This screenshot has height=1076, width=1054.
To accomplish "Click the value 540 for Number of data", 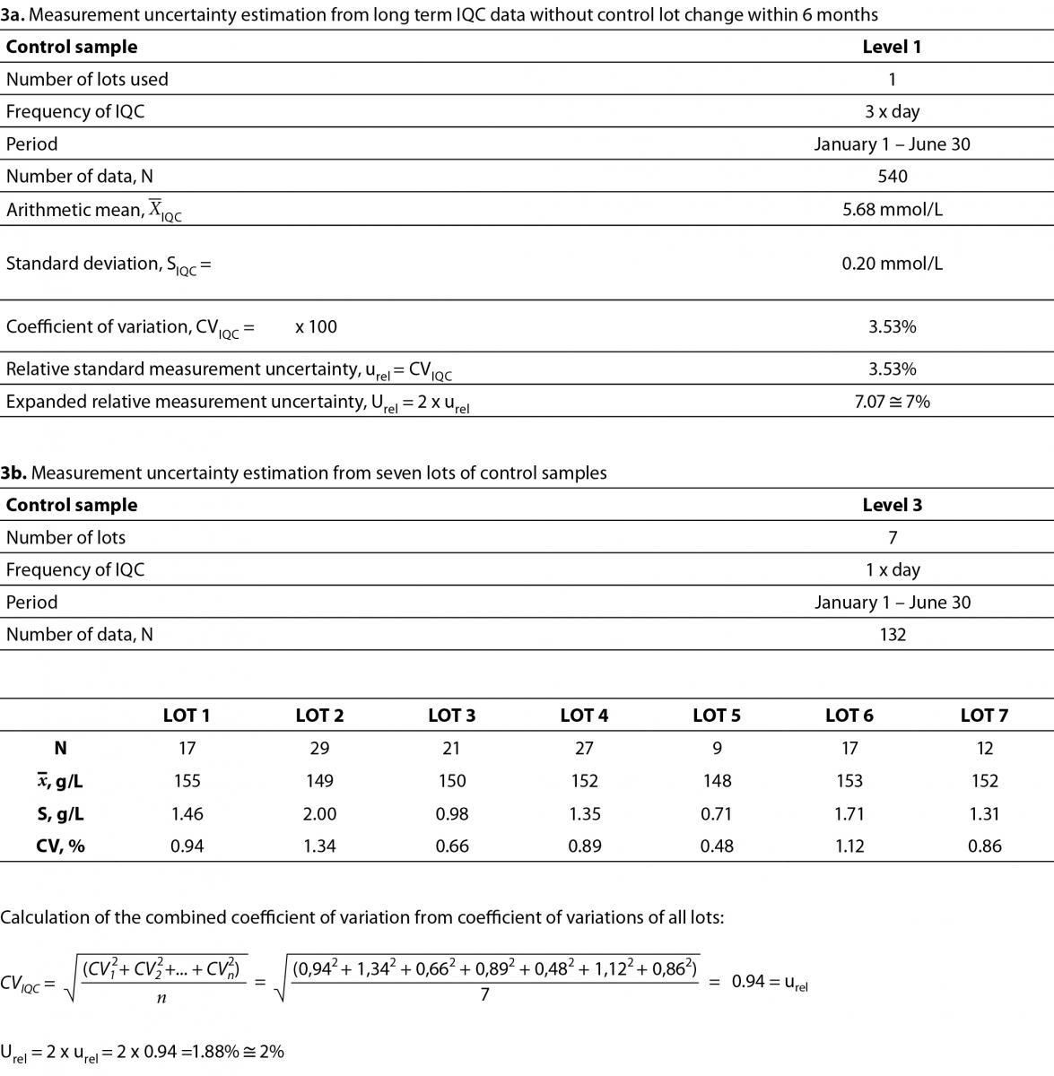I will point(892,177).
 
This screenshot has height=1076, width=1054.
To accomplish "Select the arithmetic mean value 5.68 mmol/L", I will point(892,210).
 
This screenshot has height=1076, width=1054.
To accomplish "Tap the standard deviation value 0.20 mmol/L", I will point(892,264).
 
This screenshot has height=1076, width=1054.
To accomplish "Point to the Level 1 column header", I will point(892,48).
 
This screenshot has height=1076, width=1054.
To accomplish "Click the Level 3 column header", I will point(892,506).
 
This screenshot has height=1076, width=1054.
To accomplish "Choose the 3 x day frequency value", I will point(892,112).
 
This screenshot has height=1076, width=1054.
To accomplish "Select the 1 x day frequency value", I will point(892,570).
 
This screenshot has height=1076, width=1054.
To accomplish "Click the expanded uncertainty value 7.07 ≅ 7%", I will point(892,402).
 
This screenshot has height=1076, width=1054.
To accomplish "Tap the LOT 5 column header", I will point(716,716).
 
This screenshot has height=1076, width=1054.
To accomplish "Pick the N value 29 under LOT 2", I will point(319,749).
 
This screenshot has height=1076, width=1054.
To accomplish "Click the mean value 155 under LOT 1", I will point(187,781).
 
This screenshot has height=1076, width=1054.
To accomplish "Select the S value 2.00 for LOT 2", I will point(319,814).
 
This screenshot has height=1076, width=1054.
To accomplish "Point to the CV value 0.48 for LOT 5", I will point(716,846).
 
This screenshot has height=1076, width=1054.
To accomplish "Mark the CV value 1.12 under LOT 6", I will point(849,846).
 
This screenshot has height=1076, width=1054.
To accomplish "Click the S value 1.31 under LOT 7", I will point(984,814).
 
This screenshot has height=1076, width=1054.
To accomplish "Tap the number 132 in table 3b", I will point(893,635).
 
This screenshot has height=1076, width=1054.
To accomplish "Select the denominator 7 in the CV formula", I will point(484,994).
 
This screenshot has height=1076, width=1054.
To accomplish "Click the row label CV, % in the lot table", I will point(60,846).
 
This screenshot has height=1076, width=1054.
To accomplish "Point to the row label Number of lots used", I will point(87,80).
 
